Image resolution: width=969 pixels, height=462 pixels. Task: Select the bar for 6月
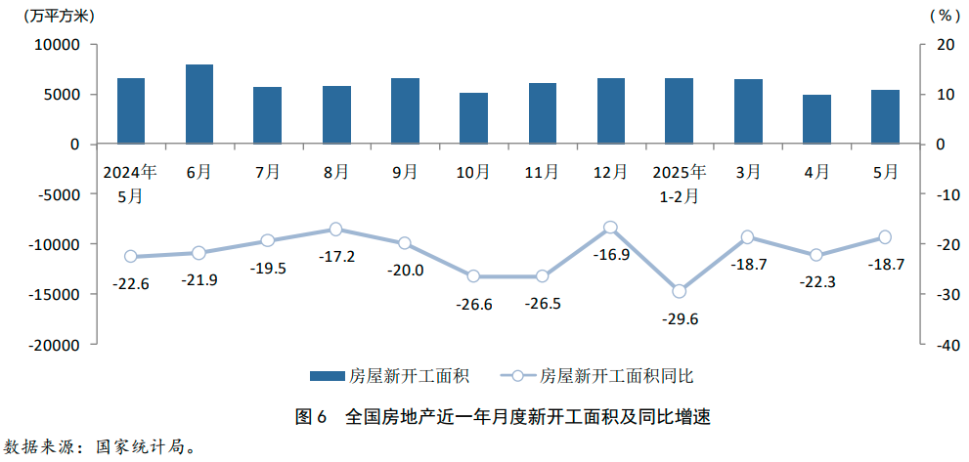(x=199, y=105)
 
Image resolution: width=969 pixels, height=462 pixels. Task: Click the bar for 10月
(x=473, y=118)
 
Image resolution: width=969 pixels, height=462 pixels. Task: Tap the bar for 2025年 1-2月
(x=679, y=111)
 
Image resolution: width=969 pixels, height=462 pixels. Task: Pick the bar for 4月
(x=816, y=119)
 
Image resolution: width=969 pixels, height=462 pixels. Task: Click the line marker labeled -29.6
(x=679, y=291)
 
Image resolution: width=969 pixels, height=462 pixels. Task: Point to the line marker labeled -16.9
(x=610, y=228)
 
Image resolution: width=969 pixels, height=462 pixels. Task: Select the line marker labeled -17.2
(x=336, y=229)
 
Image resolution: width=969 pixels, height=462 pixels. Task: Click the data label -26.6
(x=473, y=305)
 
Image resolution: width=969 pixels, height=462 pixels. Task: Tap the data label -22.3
(x=816, y=281)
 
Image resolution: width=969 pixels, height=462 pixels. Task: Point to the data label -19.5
(x=267, y=269)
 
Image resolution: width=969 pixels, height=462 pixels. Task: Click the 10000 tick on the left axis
(x=57, y=45)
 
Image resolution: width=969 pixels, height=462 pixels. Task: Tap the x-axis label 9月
(x=405, y=172)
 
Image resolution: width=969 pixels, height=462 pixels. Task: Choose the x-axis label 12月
(x=610, y=172)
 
